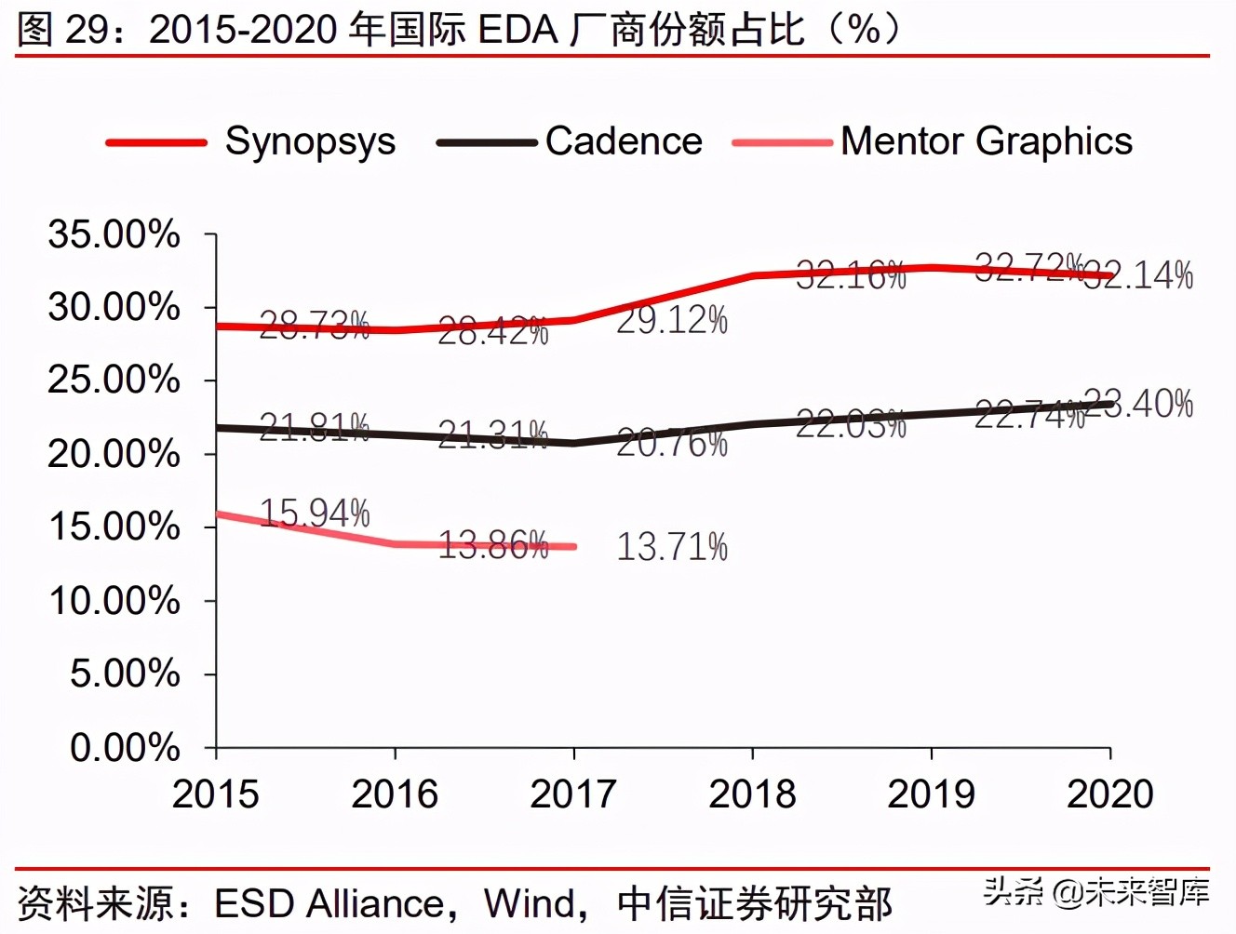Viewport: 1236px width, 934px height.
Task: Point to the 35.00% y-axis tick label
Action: [x=114, y=234]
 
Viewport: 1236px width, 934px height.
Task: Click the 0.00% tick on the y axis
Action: [x=125, y=747]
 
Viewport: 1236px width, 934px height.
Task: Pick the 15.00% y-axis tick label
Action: [x=114, y=527]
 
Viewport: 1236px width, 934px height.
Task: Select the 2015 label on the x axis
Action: [x=216, y=794]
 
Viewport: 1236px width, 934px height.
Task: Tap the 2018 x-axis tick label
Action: [x=752, y=794]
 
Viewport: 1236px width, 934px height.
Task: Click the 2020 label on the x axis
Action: [x=1109, y=794]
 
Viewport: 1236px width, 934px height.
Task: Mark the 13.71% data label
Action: [x=672, y=547]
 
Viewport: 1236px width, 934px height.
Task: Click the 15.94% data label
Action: [x=315, y=514]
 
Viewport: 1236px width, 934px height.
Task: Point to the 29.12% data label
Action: [x=672, y=321]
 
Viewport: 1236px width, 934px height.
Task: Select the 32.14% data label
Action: [x=1139, y=275]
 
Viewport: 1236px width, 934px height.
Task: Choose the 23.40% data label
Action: [x=1139, y=404]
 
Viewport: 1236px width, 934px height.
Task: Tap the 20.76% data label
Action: [x=672, y=444]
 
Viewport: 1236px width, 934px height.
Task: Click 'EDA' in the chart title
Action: [x=517, y=30]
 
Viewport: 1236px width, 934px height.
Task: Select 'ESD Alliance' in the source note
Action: [x=329, y=903]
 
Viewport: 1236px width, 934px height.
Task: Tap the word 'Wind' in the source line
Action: [x=529, y=903]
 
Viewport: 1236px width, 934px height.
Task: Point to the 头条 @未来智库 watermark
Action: [x=1096, y=891]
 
